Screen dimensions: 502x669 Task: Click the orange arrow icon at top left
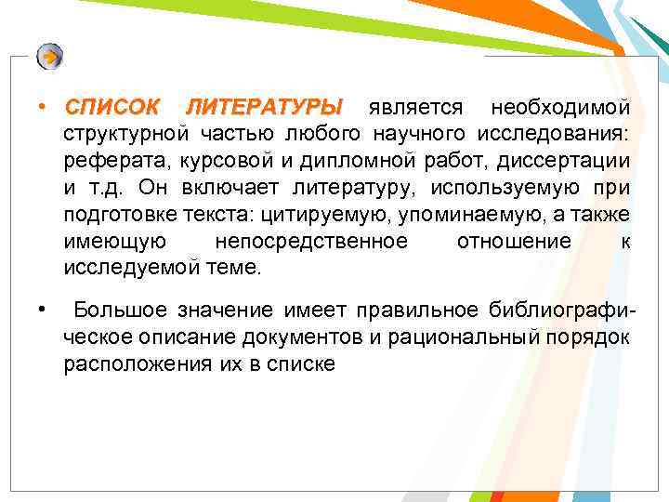pos(50,57)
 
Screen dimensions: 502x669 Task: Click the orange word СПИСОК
pos(111,108)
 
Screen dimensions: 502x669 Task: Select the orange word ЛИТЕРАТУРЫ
pos(265,108)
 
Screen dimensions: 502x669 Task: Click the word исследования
pos(555,135)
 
